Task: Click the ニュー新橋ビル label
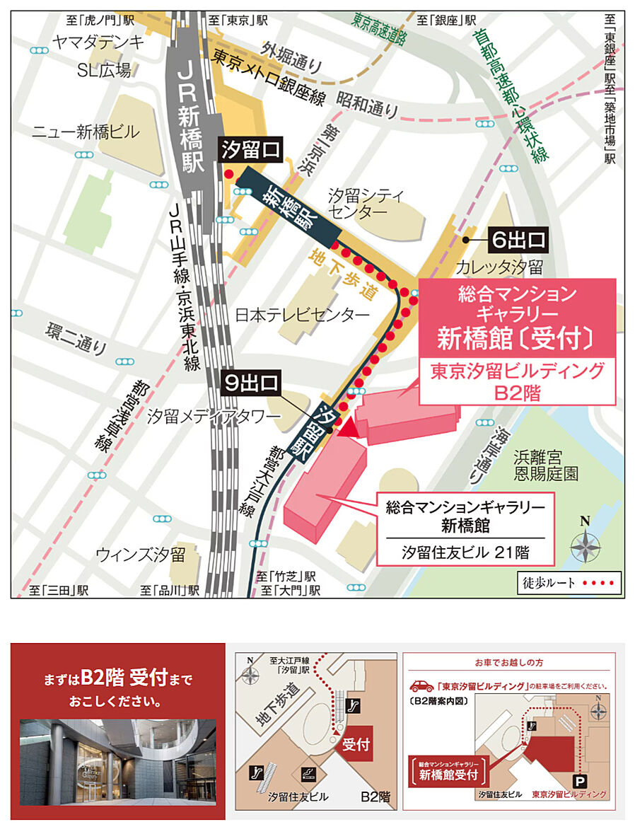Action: click(86, 132)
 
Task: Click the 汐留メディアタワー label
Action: click(214, 417)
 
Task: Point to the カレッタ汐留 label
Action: click(499, 267)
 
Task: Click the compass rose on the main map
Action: click(586, 545)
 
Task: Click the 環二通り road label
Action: click(76, 339)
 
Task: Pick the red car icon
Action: click(421, 685)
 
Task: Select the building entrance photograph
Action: click(117, 763)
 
